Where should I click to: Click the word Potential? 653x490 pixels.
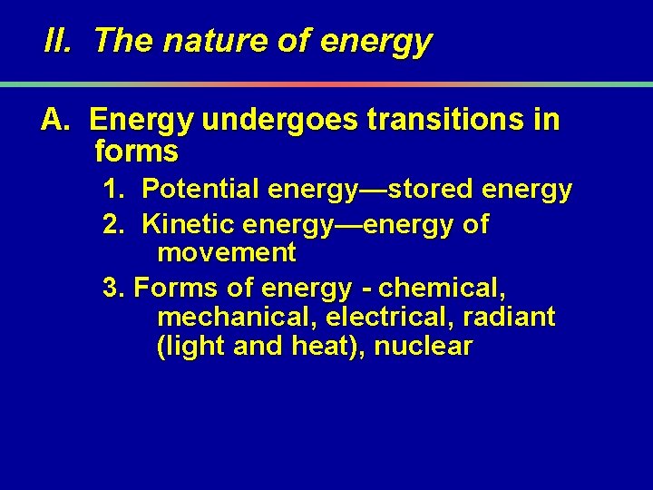click(x=200, y=190)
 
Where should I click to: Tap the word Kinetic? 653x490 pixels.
click(x=189, y=223)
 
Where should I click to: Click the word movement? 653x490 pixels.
click(x=227, y=252)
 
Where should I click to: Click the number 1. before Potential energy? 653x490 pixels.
click(x=114, y=190)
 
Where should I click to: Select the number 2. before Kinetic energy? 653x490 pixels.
click(x=114, y=223)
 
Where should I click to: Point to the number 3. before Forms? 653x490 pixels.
click(x=113, y=289)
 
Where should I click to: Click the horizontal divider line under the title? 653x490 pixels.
click(x=326, y=84)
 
